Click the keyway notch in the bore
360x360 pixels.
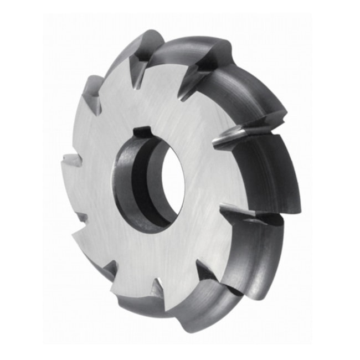[143, 132]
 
